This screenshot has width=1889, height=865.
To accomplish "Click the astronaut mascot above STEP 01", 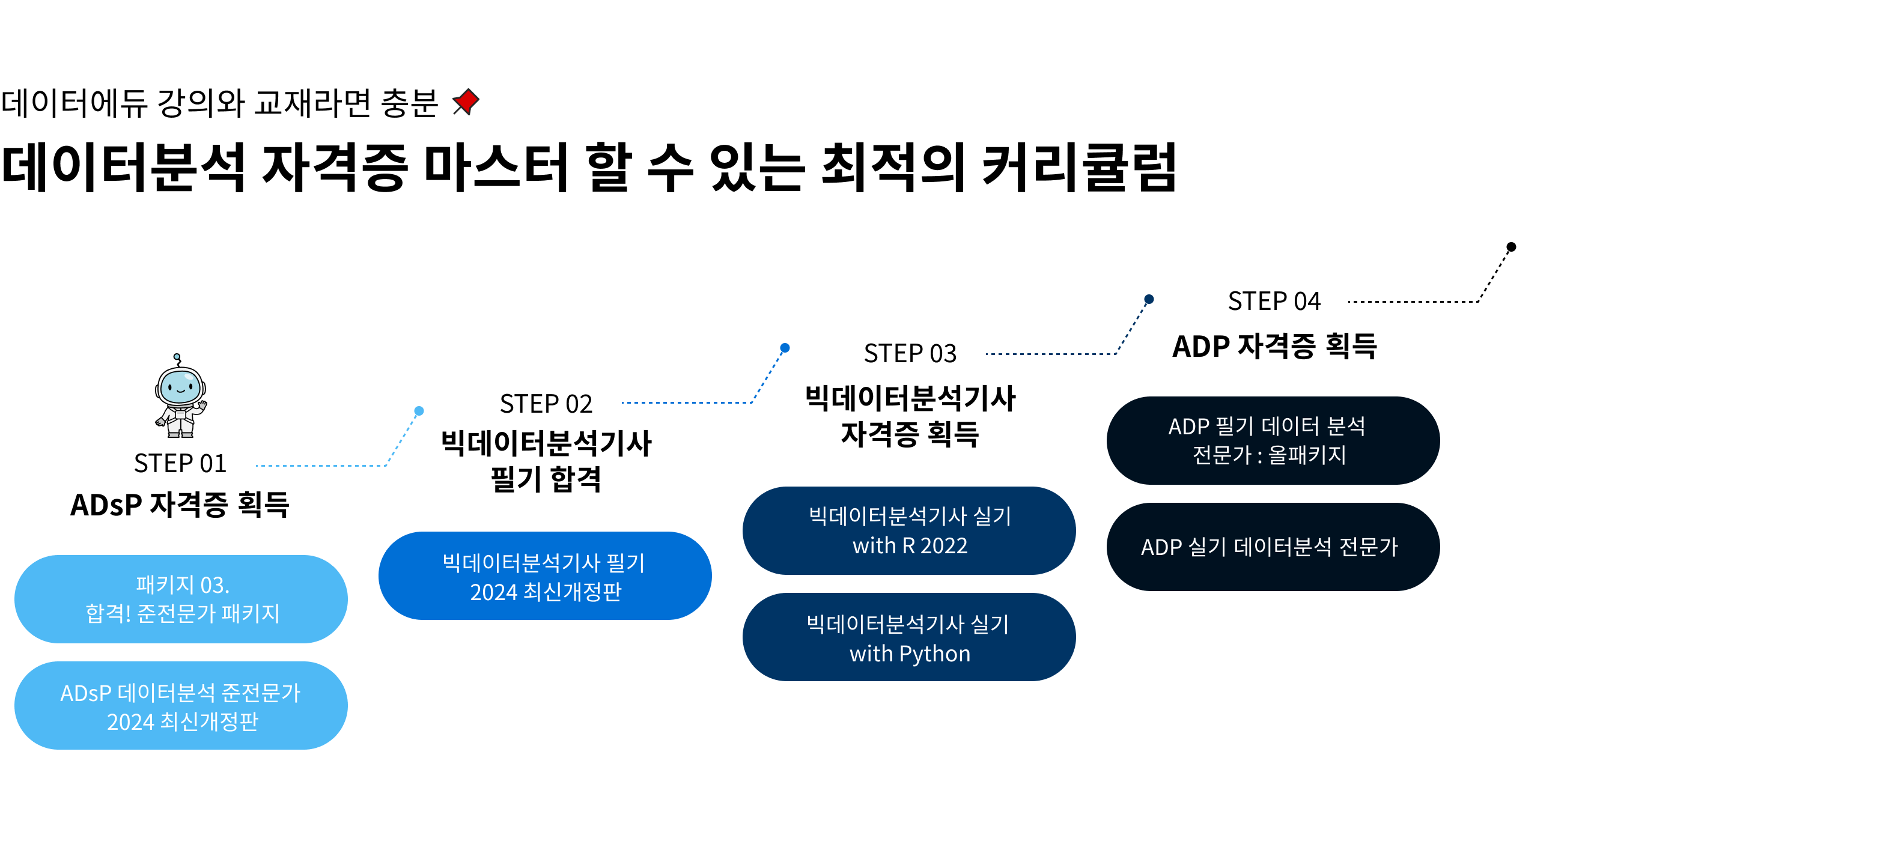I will (180, 396).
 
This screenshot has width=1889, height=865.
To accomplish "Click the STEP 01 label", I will (180, 463).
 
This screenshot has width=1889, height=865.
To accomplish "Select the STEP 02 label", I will (546, 404).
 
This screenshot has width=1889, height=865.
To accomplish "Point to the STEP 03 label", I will (910, 353).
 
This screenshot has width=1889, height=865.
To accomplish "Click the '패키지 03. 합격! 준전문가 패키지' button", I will (181, 599).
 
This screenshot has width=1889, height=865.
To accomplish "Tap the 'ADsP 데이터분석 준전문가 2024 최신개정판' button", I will (181, 706).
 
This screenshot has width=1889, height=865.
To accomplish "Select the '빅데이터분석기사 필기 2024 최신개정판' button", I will (545, 576).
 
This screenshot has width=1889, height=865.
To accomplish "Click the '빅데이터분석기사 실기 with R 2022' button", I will (909, 531).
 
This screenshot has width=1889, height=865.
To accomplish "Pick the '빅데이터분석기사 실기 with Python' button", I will (909, 638).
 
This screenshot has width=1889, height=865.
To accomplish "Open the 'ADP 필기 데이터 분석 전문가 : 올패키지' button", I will (1273, 440).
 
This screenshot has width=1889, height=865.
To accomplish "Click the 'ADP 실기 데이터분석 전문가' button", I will (1273, 547).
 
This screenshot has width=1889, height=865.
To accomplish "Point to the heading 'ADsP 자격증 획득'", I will (180, 505).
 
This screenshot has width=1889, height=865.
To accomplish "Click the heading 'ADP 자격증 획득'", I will (1274, 346).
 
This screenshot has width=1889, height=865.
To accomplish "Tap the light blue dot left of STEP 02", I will (419, 411).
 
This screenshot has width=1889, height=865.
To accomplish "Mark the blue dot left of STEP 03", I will (785, 348).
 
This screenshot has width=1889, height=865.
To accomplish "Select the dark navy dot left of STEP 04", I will (1149, 299).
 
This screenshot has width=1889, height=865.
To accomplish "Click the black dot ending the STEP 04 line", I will (1511, 247).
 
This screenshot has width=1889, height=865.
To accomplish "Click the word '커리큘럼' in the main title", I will (1078, 168).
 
